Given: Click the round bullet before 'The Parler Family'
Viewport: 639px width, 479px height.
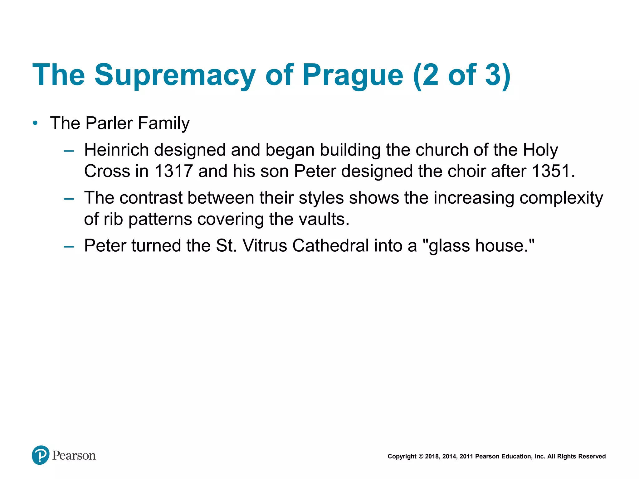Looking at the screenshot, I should (x=35, y=123).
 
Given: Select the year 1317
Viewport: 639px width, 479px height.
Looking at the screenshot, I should (x=173, y=171).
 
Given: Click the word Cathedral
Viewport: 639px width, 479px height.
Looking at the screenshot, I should (x=331, y=245).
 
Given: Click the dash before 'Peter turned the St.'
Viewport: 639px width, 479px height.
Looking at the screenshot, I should (x=69, y=247).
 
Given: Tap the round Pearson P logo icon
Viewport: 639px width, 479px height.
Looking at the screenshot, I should (x=41, y=455).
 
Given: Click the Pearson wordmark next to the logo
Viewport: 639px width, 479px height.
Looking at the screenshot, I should (x=74, y=456).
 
